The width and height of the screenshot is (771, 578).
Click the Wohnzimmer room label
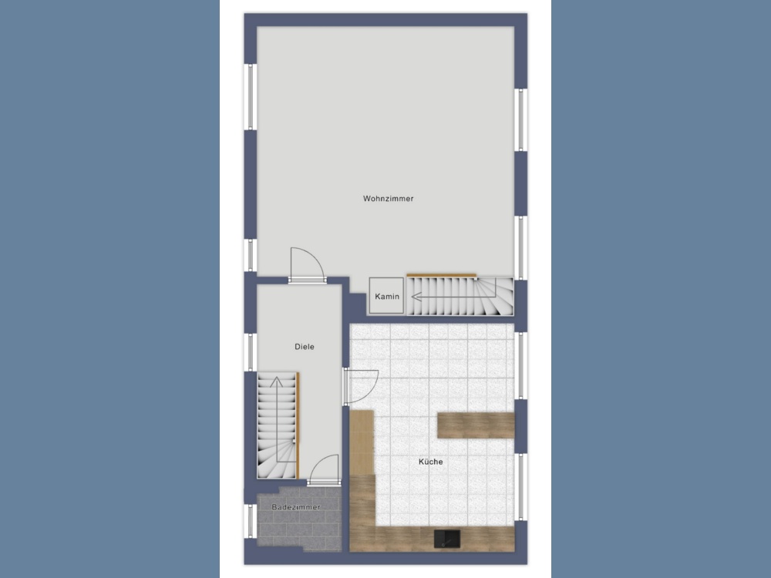(x=388, y=199)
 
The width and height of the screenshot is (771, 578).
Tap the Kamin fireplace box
(x=386, y=295)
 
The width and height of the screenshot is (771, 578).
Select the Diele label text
(x=305, y=347)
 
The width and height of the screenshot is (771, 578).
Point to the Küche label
(x=431, y=462)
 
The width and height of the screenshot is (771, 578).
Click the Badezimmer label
(x=296, y=507)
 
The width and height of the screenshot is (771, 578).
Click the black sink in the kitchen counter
(x=447, y=539)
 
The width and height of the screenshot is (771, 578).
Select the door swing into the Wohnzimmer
(x=308, y=264)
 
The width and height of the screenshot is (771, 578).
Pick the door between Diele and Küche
(x=361, y=386)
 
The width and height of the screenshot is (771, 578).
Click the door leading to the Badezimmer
(x=324, y=470)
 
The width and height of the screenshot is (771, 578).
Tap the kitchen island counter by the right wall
(x=476, y=425)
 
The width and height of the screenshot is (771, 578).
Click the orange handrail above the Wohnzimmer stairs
(x=442, y=275)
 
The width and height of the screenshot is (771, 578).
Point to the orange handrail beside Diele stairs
(x=298, y=425)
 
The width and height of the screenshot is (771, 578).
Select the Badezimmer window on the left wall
(x=251, y=521)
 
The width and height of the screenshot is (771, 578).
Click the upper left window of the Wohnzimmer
(x=251, y=97)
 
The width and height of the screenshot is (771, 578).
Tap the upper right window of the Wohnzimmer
(x=520, y=119)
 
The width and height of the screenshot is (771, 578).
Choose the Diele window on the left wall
(x=251, y=352)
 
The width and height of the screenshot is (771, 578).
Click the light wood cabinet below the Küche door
(x=362, y=442)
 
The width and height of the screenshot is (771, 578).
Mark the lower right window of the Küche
(x=520, y=486)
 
